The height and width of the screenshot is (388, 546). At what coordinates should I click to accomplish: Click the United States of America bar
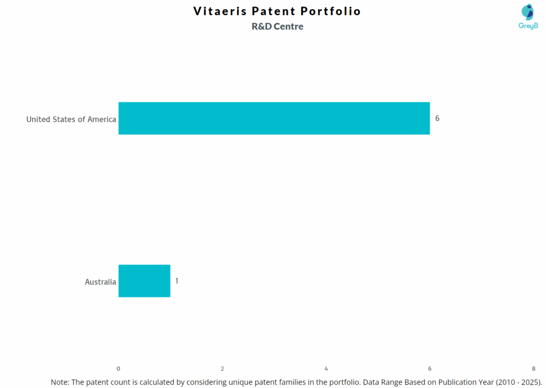[x=274, y=118]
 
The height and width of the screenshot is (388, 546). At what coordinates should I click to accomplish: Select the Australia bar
[x=144, y=281]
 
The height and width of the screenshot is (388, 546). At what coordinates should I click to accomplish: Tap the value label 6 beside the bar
[x=437, y=118]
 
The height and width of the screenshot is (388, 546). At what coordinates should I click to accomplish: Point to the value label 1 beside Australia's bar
[x=176, y=281]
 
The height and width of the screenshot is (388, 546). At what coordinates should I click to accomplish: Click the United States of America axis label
[x=71, y=119]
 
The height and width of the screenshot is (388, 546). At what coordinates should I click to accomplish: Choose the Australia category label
[x=100, y=282]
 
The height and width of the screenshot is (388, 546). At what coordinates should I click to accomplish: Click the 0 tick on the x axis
[x=118, y=368]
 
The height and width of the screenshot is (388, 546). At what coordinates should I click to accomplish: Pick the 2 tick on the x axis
[x=222, y=368]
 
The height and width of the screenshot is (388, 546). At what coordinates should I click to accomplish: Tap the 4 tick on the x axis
[x=326, y=368]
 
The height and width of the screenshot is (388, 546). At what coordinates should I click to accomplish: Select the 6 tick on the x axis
[x=430, y=368]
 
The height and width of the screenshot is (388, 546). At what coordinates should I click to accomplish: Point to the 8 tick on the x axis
[x=533, y=368]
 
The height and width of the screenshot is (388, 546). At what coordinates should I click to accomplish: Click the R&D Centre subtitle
[x=277, y=27]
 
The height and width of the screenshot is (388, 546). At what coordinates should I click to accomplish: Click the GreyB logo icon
[x=528, y=12]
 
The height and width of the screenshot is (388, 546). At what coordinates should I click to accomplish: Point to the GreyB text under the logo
[x=528, y=26]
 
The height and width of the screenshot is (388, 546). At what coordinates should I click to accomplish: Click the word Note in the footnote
[x=60, y=382]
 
